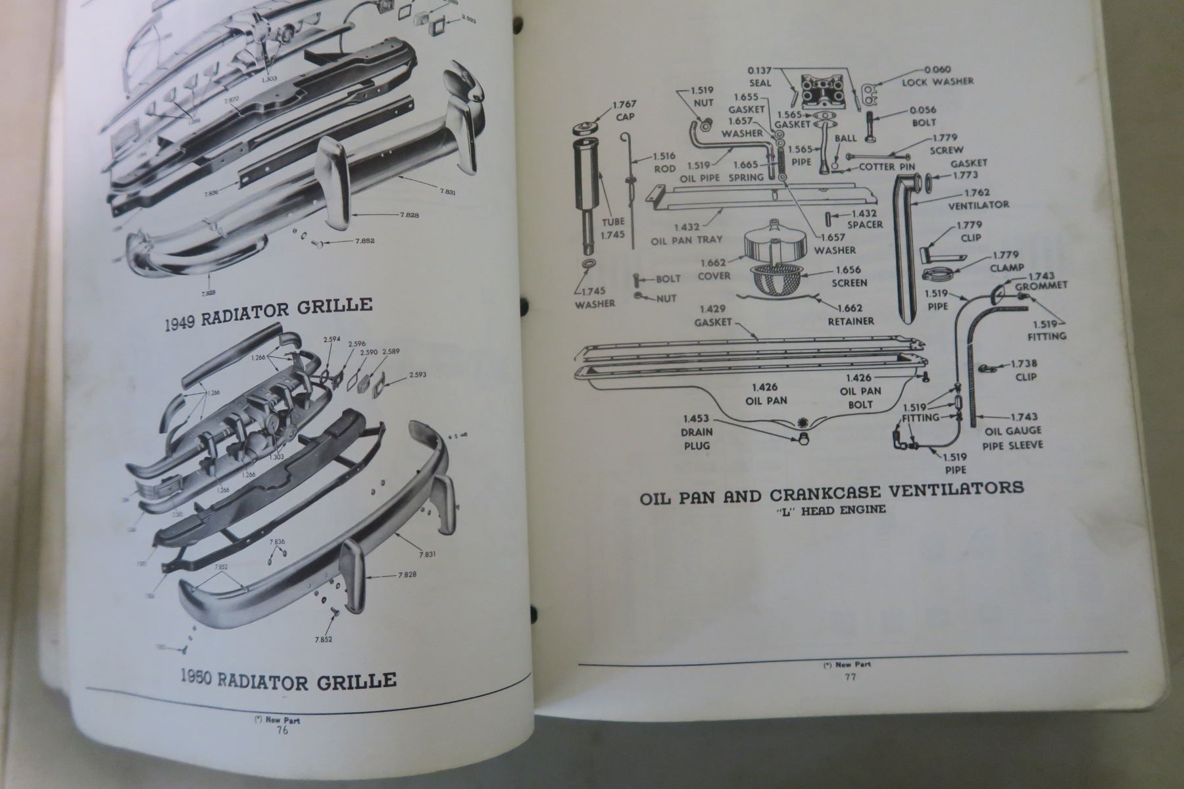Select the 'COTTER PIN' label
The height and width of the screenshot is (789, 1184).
pyautogui.click(x=887, y=166)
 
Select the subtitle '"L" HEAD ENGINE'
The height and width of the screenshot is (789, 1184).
pyautogui.click(x=831, y=510)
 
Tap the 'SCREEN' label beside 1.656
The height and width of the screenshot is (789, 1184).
pyautogui.click(x=849, y=283)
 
